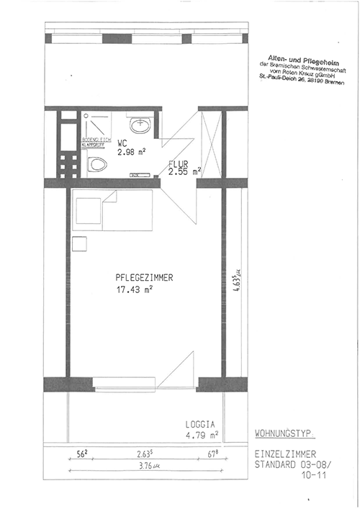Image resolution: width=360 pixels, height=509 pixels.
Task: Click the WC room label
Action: (x=122, y=143)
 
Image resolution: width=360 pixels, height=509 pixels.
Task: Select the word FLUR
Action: (x=179, y=164)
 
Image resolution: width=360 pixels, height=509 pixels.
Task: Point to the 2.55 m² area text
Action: (x=184, y=173)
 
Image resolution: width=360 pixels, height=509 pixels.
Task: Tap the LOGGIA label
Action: (x=201, y=425)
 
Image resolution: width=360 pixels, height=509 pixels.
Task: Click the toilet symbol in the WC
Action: (x=96, y=165)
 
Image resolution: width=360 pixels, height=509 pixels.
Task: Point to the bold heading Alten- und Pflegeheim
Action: (x=294, y=57)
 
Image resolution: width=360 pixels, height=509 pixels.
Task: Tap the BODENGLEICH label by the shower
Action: (x=95, y=138)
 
